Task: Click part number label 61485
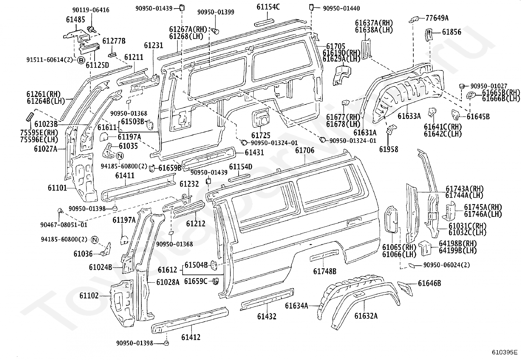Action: (x=76, y=20)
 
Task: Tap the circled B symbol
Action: (x=81, y=61)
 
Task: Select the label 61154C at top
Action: (x=268, y=7)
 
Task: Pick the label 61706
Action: (x=305, y=150)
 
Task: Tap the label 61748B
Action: (x=325, y=271)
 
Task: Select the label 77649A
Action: (x=437, y=18)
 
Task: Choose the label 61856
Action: (x=452, y=32)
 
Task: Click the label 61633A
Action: (x=409, y=116)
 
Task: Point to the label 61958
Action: (x=389, y=149)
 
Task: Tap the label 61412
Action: (x=191, y=337)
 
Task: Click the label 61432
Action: (x=267, y=316)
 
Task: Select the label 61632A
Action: (x=366, y=316)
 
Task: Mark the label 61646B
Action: (x=429, y=283)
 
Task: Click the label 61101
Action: (x=58, y=188)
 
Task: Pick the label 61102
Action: (x=89, y=296)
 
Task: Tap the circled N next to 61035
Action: (x=120, y=156)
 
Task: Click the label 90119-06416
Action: (x=91, y=10)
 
